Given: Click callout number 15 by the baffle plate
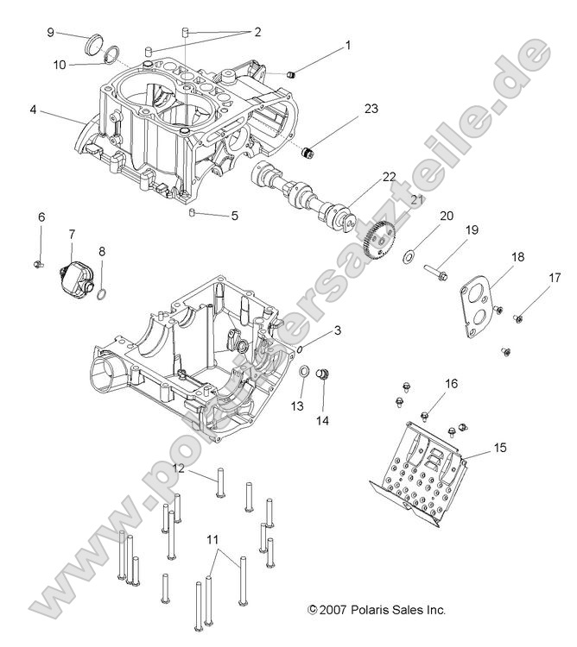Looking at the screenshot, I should pos(501,448).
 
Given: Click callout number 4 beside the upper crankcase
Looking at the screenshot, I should pos(33,110).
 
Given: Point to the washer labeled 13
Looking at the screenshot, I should pos(305,371).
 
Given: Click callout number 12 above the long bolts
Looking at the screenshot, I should pos(179,468).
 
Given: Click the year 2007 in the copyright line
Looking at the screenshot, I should pos(334,610).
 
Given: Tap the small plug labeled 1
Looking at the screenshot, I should pos(292,75).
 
